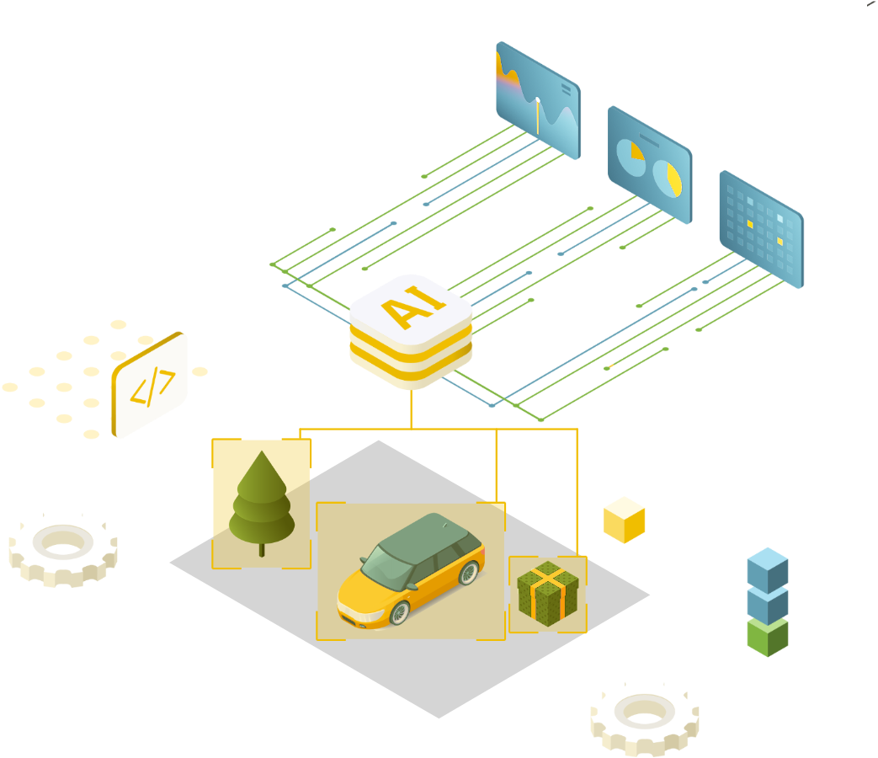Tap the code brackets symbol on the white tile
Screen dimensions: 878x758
152,387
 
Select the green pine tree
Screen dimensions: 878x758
262,501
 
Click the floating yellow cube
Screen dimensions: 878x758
624,519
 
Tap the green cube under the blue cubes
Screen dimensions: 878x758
767,636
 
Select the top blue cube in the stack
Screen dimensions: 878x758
767,567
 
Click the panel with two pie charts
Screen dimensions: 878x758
649,164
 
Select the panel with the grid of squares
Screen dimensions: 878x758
761,228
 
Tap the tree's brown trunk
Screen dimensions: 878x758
262,548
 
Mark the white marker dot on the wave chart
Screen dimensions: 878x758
538,101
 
